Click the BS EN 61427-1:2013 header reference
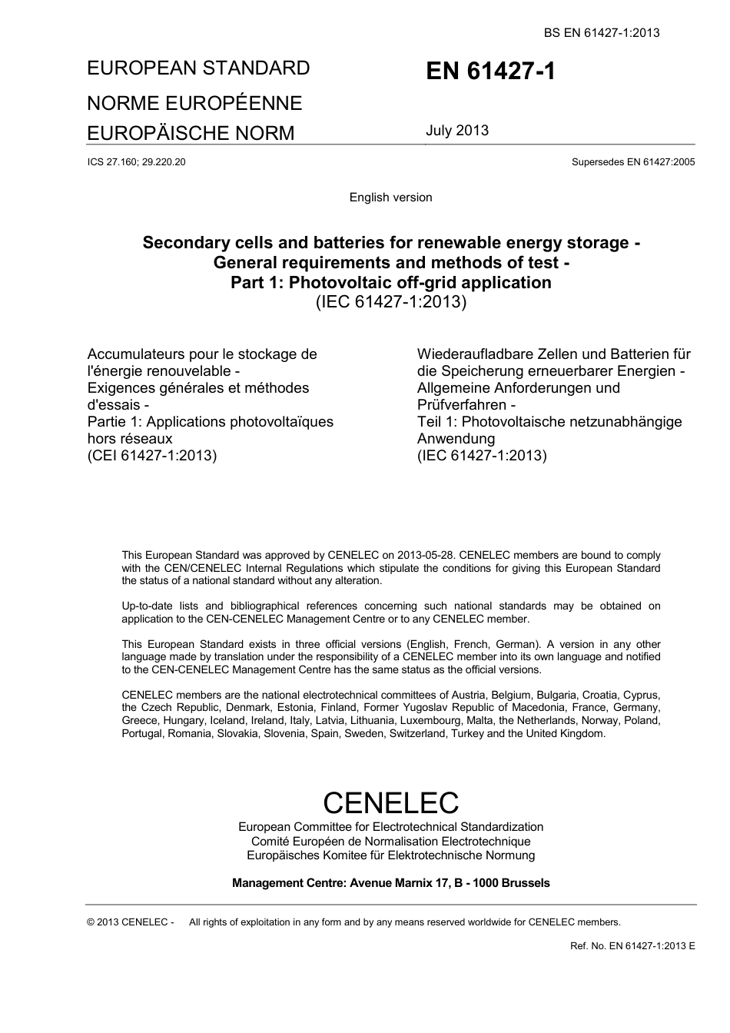pos(602,32)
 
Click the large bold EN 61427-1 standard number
pos(490,71)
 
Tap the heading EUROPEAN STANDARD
pos(198,68)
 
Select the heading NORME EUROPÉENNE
pos(194,103)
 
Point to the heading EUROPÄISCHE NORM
pos(191,133)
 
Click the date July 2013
pos(457,131)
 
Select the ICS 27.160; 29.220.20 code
pos(136,162)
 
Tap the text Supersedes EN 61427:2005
pos(633,162)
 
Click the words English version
pos(390,198)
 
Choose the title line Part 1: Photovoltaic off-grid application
pos(391,282)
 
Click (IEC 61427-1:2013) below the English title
pos(391,301)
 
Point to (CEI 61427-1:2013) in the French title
pos(152,455)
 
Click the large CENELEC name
pos(390,802)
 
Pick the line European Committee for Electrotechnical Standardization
pos(390,827)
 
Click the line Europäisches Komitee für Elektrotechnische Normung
pos(390,855)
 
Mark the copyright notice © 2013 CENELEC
pos(131,922)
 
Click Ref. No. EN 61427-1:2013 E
pos(632,945)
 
